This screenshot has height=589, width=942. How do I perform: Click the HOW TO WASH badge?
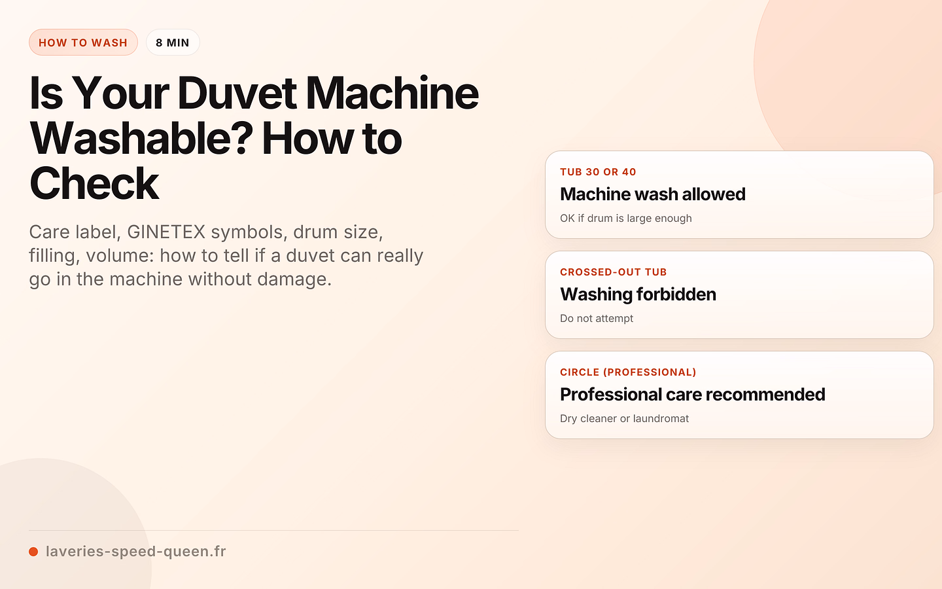83,42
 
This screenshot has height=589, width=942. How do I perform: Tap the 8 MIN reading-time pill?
173,42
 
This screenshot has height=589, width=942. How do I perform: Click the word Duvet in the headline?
237,93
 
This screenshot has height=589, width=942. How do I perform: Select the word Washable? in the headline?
141,139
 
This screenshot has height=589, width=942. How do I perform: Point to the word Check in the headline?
94,184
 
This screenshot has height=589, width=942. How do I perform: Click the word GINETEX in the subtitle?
166,232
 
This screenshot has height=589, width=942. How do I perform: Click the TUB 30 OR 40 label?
598,171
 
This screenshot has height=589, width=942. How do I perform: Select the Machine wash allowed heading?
653,194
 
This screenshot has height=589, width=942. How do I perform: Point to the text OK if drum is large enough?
626,218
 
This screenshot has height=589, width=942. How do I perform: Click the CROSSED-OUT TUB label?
613,272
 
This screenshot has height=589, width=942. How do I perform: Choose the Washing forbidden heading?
638,294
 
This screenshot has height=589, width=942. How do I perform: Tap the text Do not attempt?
597,318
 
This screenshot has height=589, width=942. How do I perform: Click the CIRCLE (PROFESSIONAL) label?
628,372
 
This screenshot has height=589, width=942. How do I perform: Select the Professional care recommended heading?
693,394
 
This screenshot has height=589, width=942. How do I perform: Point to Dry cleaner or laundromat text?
624,418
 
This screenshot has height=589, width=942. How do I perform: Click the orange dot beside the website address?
33,552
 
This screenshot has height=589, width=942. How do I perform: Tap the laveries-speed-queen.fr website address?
135,551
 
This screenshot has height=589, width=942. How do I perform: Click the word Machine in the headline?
392,93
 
